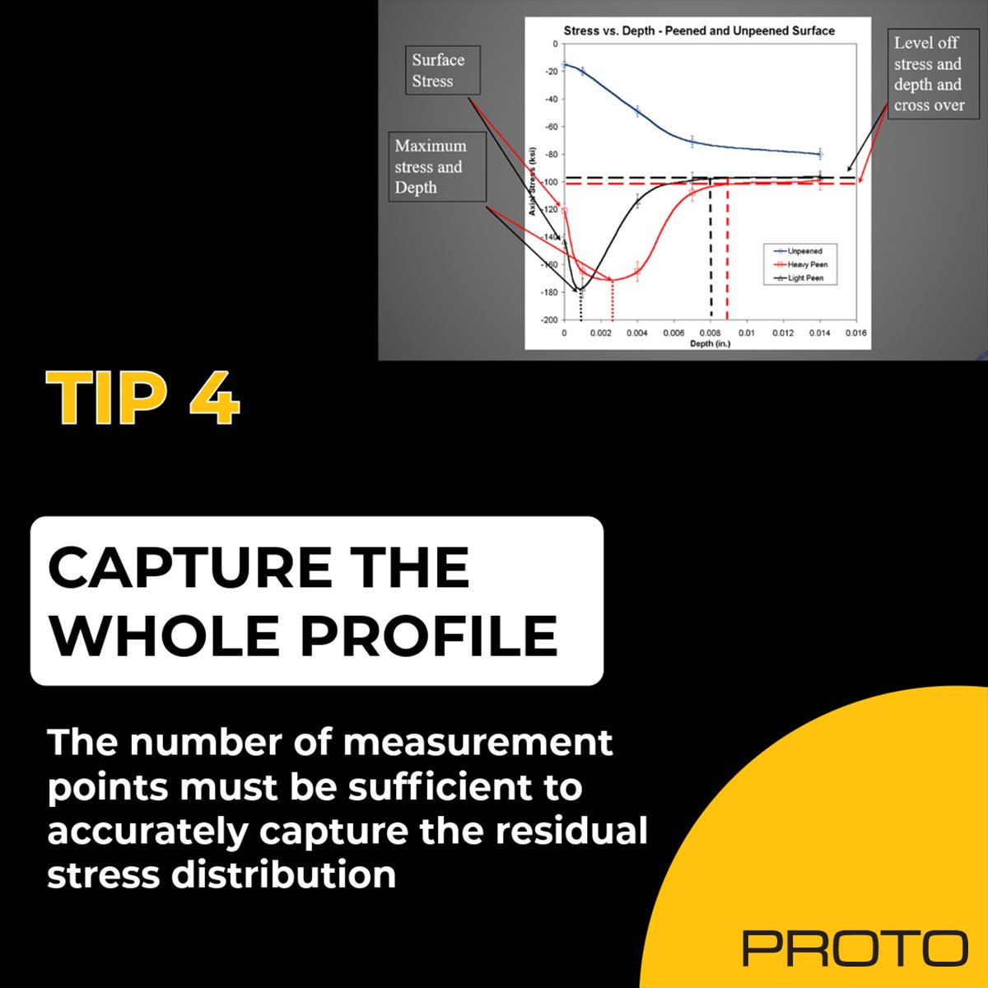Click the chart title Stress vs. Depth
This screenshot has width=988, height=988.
tap(699, 30)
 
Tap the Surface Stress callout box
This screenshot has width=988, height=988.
tap(442, 70)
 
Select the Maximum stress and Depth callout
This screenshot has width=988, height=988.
tap(437, 166)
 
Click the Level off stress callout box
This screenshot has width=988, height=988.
tap(933, 74)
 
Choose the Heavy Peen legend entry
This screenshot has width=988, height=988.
tap(803, 264)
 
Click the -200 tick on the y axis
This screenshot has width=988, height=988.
tap(548, 320)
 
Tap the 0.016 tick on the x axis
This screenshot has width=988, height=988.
tap(855, 333)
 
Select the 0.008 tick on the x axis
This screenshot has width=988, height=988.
tap(710, 333)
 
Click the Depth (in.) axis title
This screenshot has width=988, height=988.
tap(710, 343)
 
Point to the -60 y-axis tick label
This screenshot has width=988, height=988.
tap(551, 127)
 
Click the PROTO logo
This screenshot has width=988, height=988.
tap(855, 948)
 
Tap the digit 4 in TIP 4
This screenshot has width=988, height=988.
tap(214, 398)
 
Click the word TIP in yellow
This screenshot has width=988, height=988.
tap(107, 398)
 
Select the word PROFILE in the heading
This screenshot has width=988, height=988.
tap(429, 636)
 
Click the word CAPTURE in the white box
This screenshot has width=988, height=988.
tap(189, 568)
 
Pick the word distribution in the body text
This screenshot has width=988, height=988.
tap(283, 874)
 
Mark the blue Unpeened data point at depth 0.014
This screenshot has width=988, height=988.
tap(820, 154)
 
